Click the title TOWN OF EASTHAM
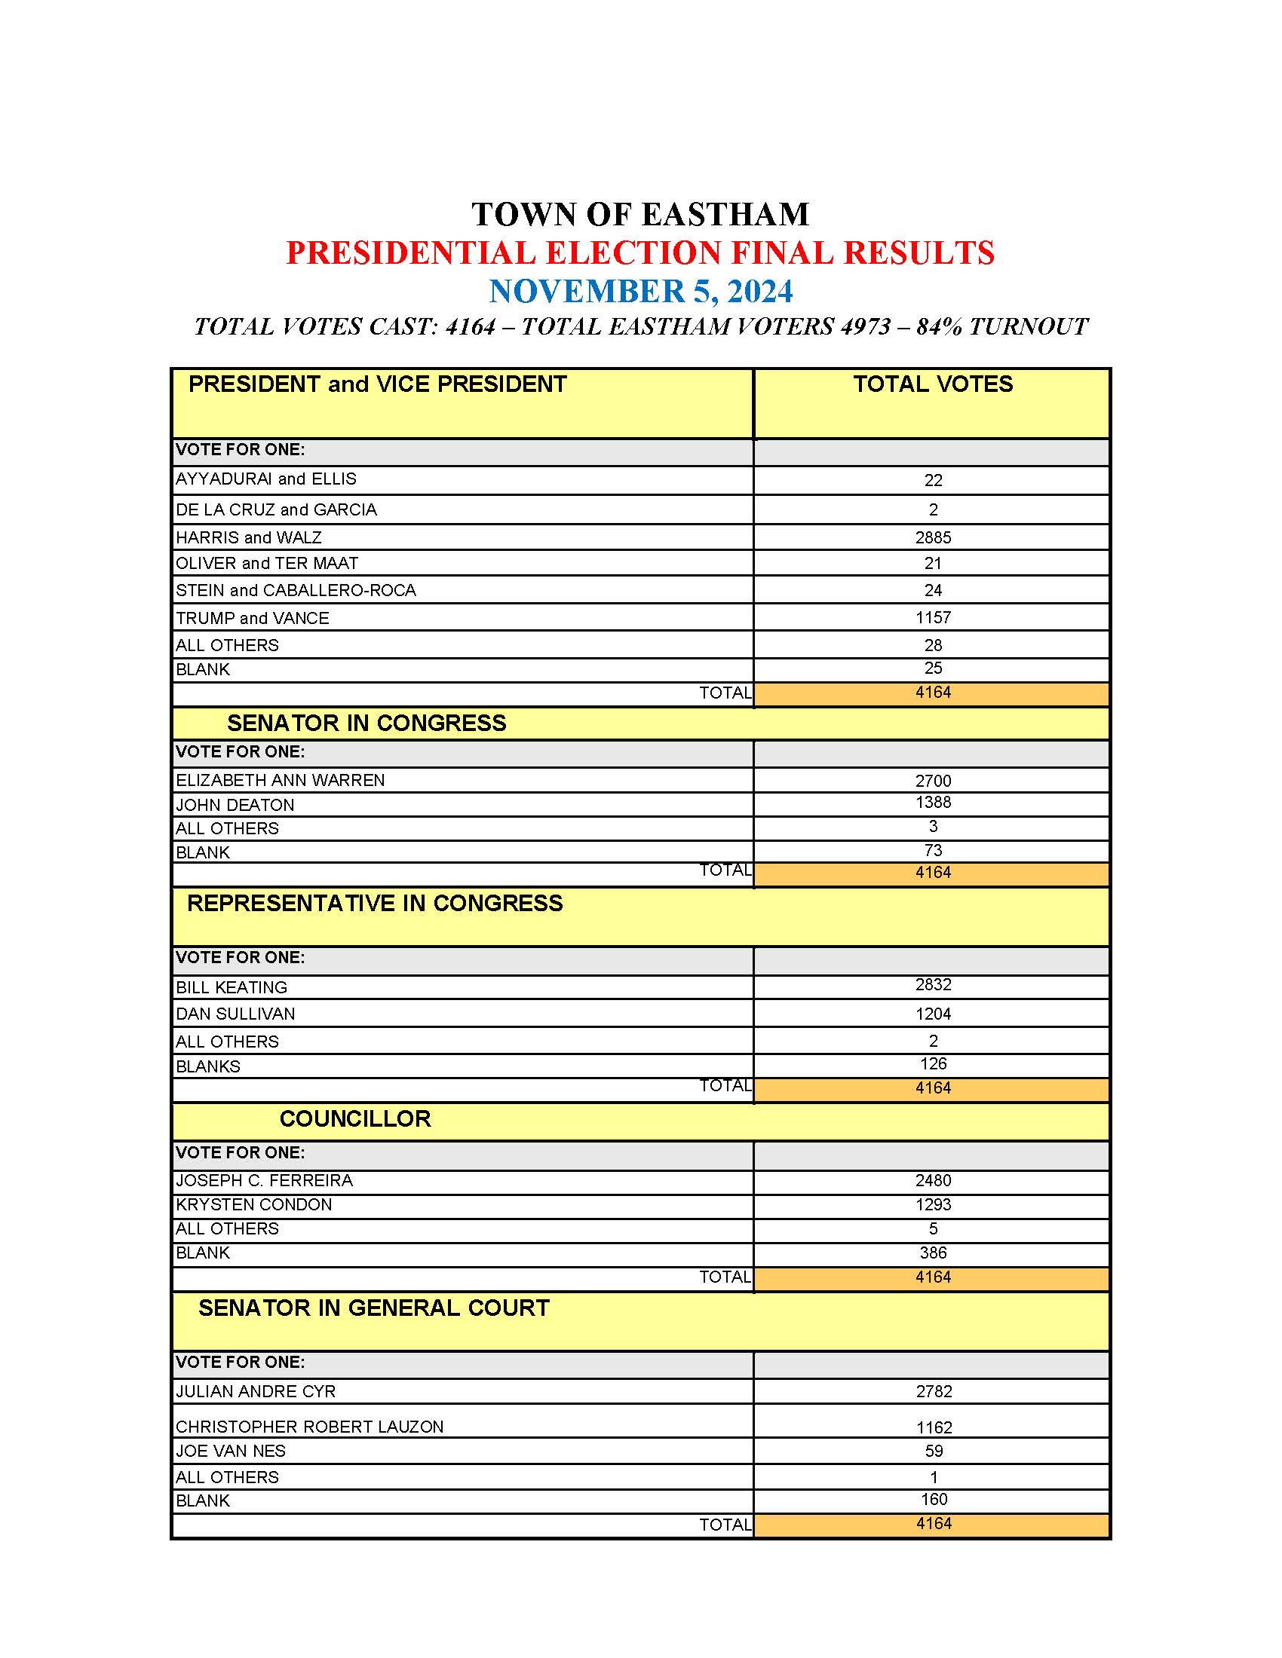click(640, 215)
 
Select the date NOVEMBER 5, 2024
click(640, 292)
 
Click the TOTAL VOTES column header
click(932, 384)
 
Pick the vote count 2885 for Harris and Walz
click(933, 537)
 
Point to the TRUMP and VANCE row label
click(252, 618)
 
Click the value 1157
click(933, 618)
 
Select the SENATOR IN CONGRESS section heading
click(366, 723)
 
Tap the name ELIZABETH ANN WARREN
click(281, 781)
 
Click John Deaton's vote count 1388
click(933, 803)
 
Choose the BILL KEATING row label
click(232, 988)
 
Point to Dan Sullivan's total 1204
click(933, 1014)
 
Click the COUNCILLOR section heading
click(354, 1119)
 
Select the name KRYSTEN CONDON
click(253, 1205)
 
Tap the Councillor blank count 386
click(933, 1253)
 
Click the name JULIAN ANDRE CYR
click(255, 1391)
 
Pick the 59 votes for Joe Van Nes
click(934, 1452)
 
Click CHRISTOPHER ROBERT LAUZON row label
click(309, 1427)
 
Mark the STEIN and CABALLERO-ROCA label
click(296, 591)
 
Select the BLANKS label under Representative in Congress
click(207, 1066)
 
